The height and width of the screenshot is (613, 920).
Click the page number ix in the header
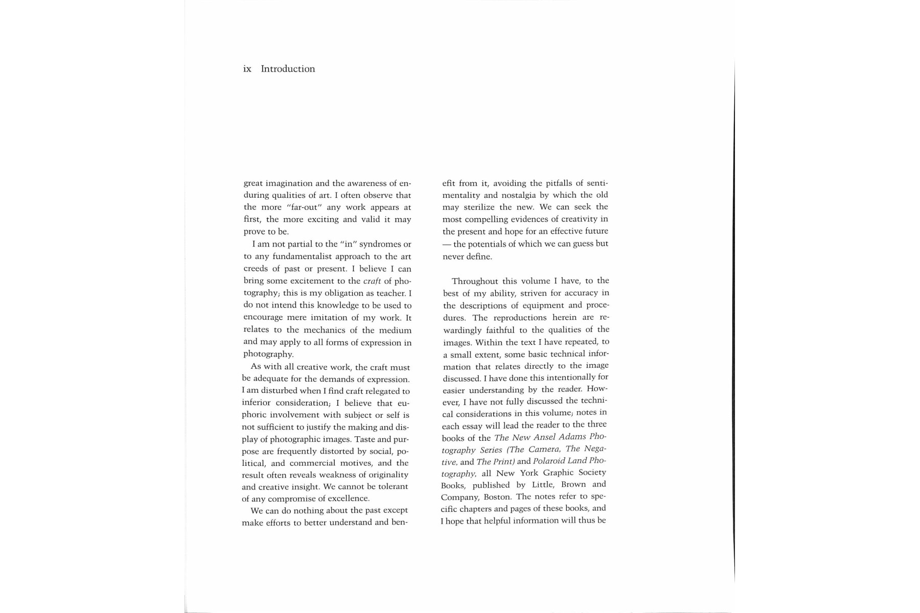click(x=247, y=69)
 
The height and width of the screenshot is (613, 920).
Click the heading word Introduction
click(x=288, y=69)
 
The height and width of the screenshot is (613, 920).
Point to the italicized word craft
click(x=372, y=281)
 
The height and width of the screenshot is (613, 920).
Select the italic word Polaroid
click(x=550, y=461)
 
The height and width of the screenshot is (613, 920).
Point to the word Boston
click(x=498, y=497)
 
